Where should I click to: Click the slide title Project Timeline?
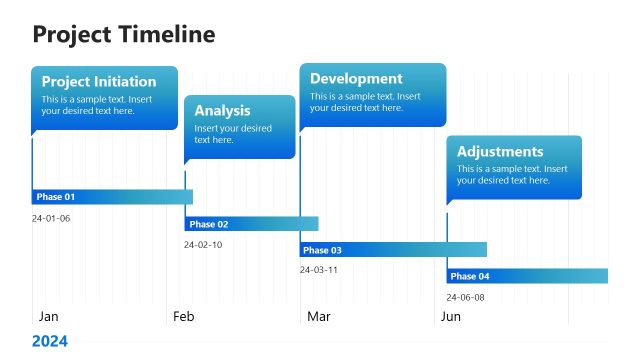pos(124,35)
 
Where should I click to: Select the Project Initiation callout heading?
pos(99,82)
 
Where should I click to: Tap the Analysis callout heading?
pos(222,111)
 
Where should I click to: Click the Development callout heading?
pos(356,79)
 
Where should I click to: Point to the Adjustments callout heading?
pos(500,152)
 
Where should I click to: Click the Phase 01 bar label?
pos(56,197)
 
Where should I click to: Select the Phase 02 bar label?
pos(209,224)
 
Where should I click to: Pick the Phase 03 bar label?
pos(322,250)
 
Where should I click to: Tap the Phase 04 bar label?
pos(470,276)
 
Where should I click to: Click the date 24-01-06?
pos(51,218)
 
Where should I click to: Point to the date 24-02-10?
pos(203,245)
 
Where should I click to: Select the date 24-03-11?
pos(319,270)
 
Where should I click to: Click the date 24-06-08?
pos(465,297)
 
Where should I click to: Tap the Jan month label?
pos(48,316)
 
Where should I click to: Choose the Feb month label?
pos(183,316)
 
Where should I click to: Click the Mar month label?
pos(319,316)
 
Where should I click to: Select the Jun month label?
pos(451,316)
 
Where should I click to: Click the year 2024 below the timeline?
pos(50,341)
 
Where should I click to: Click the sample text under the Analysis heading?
pos(233,134)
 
